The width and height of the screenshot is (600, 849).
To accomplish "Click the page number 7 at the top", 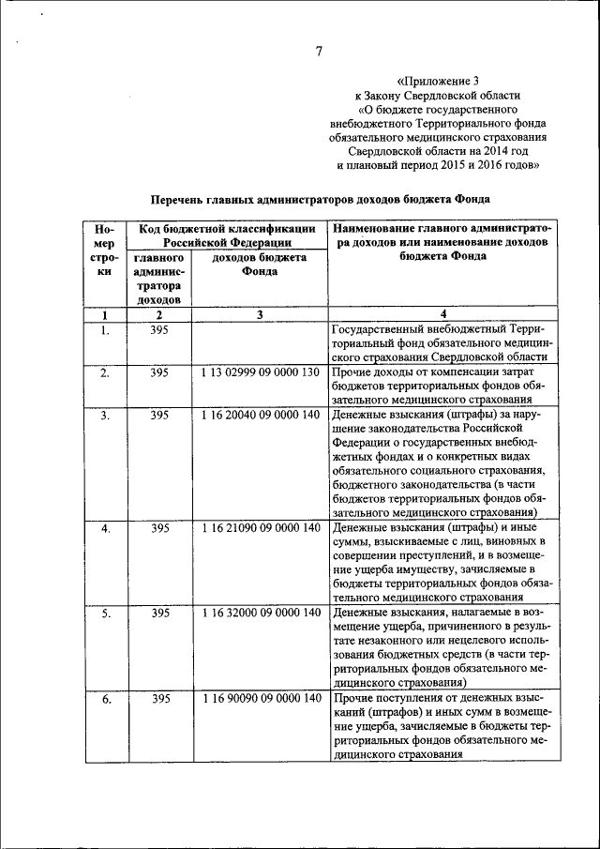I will click(x=318, y=52).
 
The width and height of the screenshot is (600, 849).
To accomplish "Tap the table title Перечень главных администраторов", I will click(x=320, y=200).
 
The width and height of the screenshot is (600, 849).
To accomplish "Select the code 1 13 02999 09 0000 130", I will click(x=260, y=373).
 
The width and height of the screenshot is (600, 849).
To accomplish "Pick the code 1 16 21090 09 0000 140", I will click(x=260, y=529).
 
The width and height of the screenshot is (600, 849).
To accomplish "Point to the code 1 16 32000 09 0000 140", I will click(x=260, y=614).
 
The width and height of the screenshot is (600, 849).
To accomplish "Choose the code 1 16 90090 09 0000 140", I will click(x=260, y=700).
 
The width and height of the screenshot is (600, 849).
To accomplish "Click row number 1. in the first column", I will click(x=106, y=330).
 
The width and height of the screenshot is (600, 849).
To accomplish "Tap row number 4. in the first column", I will click(x=106, y=529).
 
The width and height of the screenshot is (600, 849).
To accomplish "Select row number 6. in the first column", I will click(x=106, y=700).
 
